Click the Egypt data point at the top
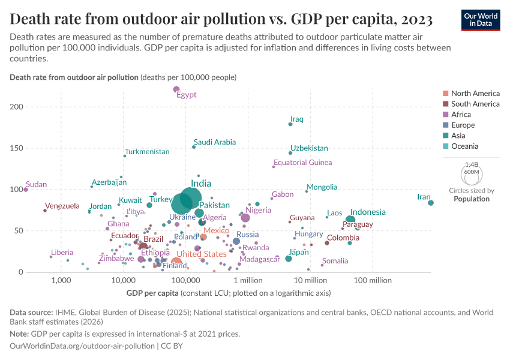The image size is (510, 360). pyautogui.click(x=176, y=89)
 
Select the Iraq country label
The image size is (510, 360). pyautogui.click(x=296, y=119)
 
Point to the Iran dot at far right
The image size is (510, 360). pyautogui.click(x=431, y=203)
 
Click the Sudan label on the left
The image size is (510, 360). pyautogui.click(x=36, y=184)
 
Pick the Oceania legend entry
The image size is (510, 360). pyautogui.click(x=464, y=146)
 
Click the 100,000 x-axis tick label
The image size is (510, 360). pyautogui.click(x=186, y=280)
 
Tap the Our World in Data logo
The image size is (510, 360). pyautogui.click(x=480, y=19)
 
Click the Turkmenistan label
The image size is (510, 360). pyautogui.click(x=147, y=152)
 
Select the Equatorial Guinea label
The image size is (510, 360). pyautogui.click(x=302, y=163)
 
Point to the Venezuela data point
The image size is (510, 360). pyautogui.click(x=45, y=211)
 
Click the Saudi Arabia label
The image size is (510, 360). pyautogui.click(x=215, y=142)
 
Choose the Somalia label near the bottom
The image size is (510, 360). pyautogui.click(x=335, y=261)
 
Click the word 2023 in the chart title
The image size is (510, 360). pyautogui.click(x=415, y=20)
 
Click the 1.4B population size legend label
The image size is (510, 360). pyautogui.click(x=472, y=164)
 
